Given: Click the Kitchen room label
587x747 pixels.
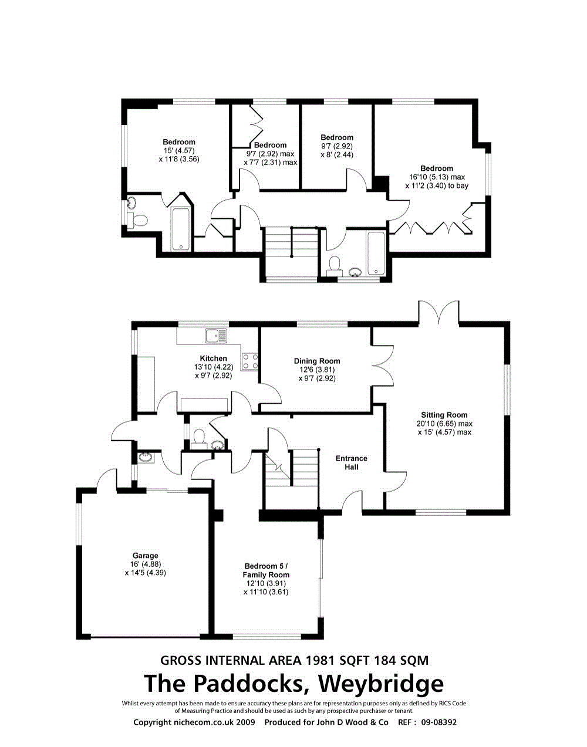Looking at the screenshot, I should (x=213, y=359).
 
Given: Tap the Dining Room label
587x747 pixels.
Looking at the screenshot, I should (x=317, y=361).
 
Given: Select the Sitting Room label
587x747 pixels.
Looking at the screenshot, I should (x=444, y=415).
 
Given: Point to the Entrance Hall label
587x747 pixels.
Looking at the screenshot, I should (x=352, y=462).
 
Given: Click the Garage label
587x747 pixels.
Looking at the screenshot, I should (x=145, y=556).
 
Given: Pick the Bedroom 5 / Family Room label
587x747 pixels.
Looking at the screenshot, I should (x=266, y=570).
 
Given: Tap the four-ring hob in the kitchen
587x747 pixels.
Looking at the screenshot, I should (x=250, y=361).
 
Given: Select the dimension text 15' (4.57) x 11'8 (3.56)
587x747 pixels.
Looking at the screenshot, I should (x=179, y=155).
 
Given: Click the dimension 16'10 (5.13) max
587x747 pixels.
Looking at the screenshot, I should (x=437, y=177).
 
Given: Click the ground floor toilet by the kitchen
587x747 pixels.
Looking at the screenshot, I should (x=199, y=437).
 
